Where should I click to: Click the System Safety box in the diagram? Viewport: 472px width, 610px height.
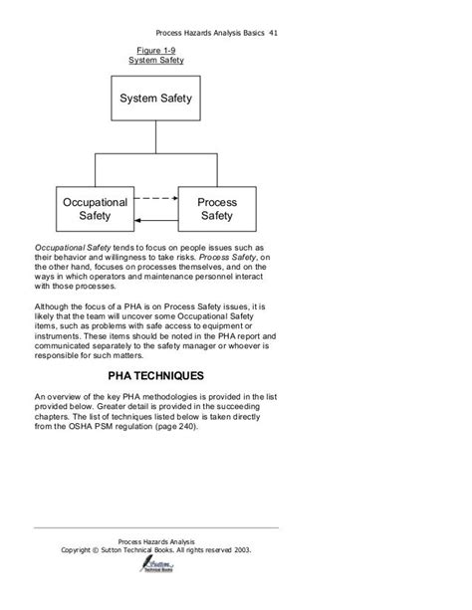(x=156, y=99)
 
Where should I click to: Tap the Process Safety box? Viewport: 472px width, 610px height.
(x=217, y=209)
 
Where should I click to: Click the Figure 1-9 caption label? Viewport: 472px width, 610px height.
(x=156, y=50)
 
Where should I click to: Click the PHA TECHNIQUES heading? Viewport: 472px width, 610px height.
(x=155, y=377)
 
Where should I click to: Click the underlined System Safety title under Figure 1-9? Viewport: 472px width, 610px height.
(x=156, y=61)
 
